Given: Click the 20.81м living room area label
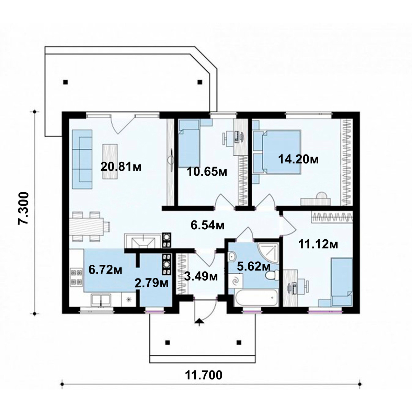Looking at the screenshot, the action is pos(121,167).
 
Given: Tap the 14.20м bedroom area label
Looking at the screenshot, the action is pos(298,159).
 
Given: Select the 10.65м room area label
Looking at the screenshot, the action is pos(207,172).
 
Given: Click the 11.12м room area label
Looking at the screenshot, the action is pos(318,244).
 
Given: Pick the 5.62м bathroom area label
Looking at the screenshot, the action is pos(254,266).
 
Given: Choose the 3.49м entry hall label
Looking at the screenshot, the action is pos(201,276).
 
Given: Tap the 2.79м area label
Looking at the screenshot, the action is pos(151,283).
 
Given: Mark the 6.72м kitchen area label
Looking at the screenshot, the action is pos(105,270).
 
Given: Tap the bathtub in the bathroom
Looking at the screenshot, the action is pos(256,297).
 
